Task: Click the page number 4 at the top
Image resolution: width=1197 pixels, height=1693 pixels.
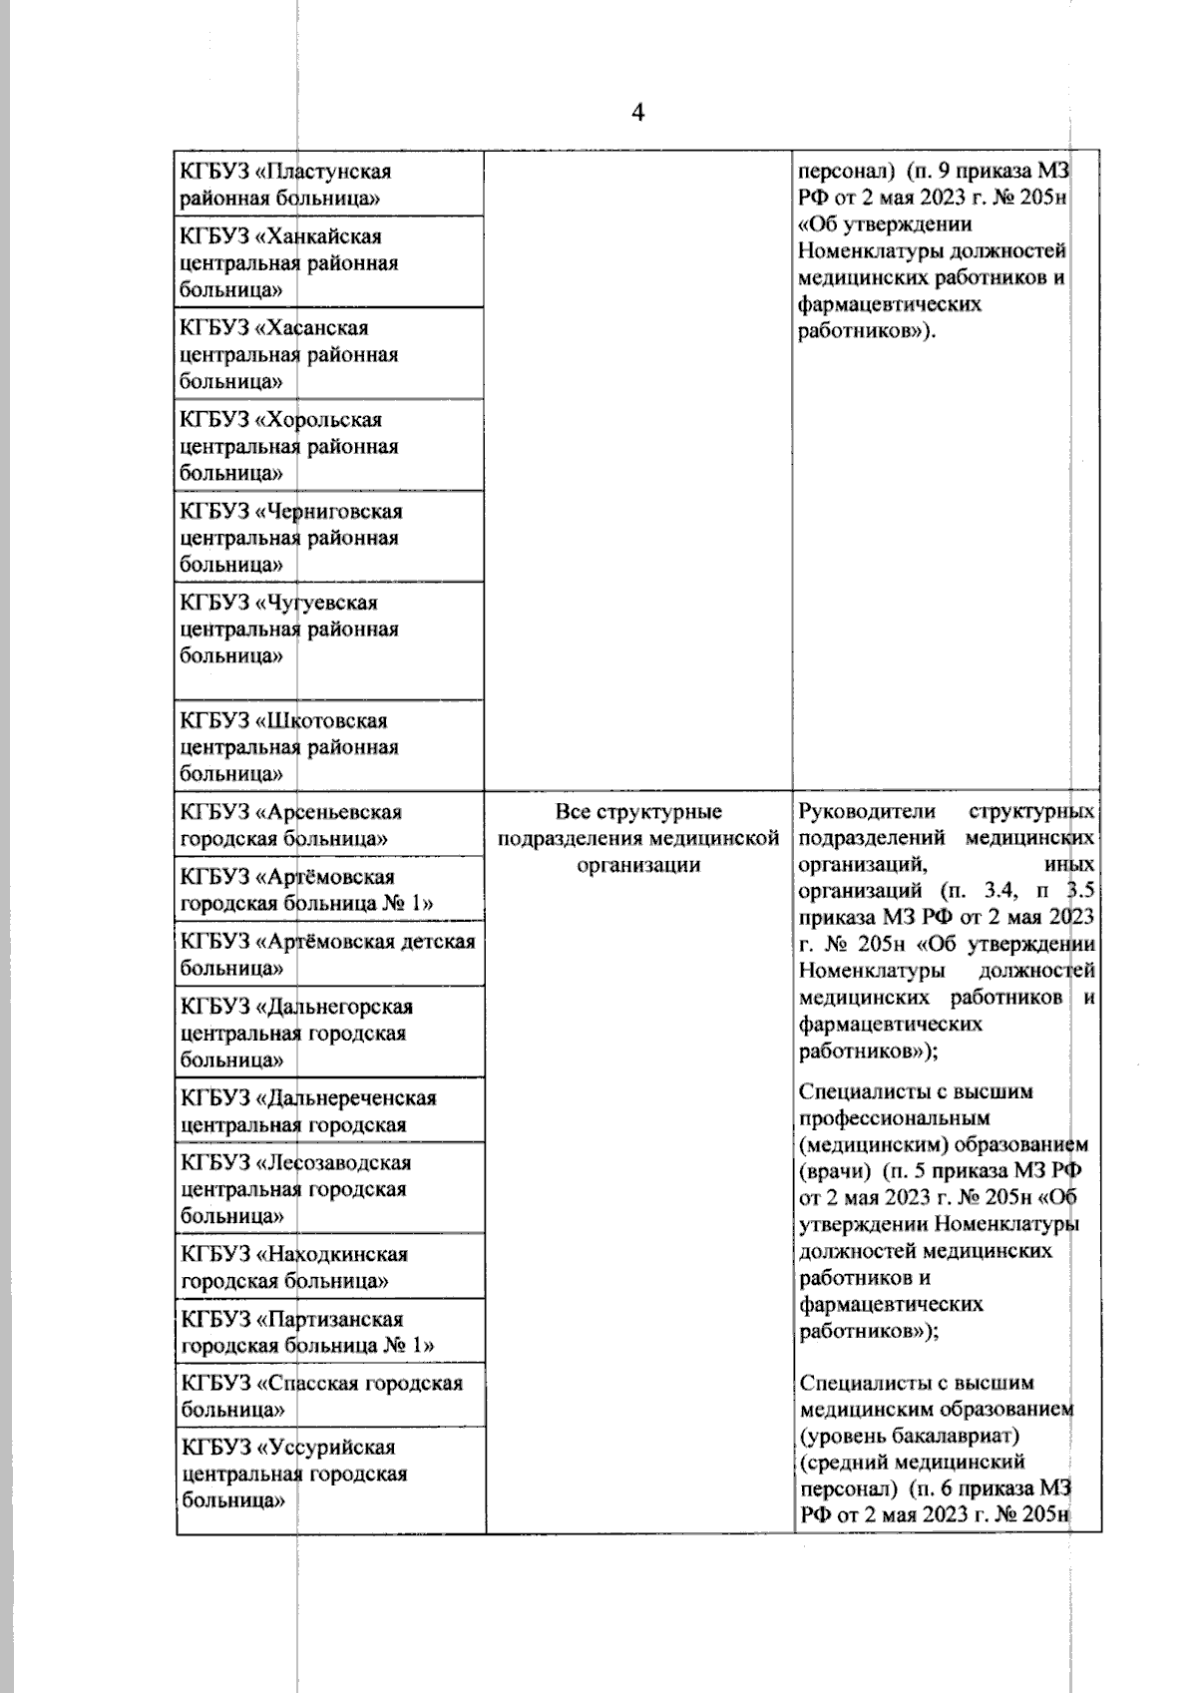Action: tap(638, 113)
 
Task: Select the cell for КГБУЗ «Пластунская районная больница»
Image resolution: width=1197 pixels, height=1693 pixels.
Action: tap(329, 185)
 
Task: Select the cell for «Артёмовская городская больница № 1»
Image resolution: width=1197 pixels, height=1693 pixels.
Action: tap(329, 890)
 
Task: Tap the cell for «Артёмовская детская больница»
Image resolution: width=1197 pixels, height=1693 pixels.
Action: tap(329, 955)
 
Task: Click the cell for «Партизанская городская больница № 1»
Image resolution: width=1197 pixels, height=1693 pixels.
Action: tap(329, 1332)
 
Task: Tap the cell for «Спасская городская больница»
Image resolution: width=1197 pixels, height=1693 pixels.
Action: tap(329, 1397)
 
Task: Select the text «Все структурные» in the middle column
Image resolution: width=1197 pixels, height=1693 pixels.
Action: tap(638, 812)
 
